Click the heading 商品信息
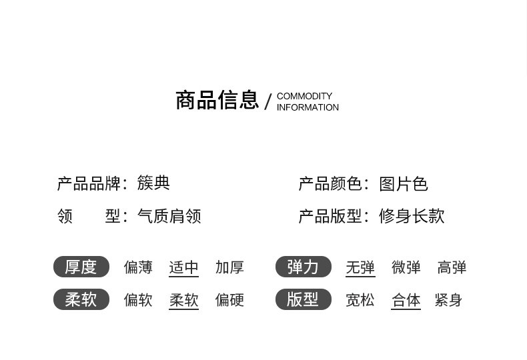click(x=217, y=101)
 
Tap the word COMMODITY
click(x=304, y=96)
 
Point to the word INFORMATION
click(x=308, y=107)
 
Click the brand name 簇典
click(x=153, y=183)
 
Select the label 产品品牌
click(x=89, y=183)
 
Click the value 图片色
click(x=404, y=183)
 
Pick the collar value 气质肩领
click(x=169, y=216)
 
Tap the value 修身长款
click(x=412, y=216)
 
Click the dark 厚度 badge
click(x=81, y=267)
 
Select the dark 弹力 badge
click(x=303, y=267)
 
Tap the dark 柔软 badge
click(x=81, y=300)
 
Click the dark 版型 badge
click(x=303, y=300)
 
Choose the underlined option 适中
click(x=183, y=267)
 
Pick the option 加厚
click(x=229, y=267)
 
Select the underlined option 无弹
click(x=360, y=267)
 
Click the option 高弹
click(x=452, y=267)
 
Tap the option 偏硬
click(x=229, y=300)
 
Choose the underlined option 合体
click(x=406, y=300)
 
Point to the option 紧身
click(x=448, y=300)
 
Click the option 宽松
click(x=360, y=300)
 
